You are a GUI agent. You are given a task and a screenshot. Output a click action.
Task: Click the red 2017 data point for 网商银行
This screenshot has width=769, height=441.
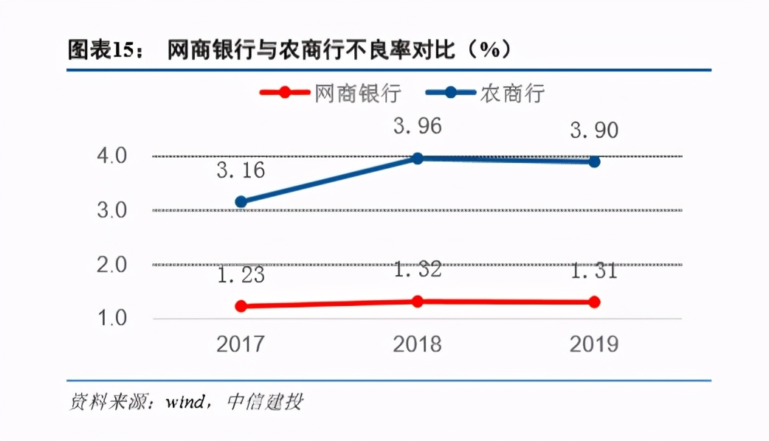coord(241,306)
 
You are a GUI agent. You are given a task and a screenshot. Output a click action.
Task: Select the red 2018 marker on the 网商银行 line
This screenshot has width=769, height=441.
coord(418,301)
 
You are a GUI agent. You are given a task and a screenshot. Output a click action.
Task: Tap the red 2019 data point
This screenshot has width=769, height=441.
coord(594,302)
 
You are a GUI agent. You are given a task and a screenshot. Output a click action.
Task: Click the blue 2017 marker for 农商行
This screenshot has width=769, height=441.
coord(241,201)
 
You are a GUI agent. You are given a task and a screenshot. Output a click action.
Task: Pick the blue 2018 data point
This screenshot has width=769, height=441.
coord(418,158)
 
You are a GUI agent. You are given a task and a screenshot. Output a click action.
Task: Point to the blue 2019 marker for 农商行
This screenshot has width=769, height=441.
coord(594,161)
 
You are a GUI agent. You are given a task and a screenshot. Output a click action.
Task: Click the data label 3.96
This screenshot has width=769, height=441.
coord(418,126)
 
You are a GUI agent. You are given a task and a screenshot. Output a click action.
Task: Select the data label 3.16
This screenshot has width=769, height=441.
coord(241,171)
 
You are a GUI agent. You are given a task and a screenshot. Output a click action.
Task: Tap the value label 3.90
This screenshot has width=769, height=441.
coord(594,131)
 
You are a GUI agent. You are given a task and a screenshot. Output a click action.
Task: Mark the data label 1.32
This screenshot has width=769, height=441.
coord(418,269)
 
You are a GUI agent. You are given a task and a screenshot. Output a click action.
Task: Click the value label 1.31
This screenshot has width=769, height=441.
coord(594,271)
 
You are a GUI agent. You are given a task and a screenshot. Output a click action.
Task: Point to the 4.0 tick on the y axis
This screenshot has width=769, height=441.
coord(112,156)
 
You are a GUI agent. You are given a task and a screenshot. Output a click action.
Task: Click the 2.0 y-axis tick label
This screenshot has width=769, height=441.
coord(112,265)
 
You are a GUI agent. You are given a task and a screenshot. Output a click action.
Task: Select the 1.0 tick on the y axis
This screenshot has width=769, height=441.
coord(112,319)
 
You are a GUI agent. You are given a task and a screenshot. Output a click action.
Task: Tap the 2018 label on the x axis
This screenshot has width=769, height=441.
coord(418,344)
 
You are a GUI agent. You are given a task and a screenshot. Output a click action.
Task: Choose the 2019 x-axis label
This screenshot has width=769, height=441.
coord(594,344)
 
